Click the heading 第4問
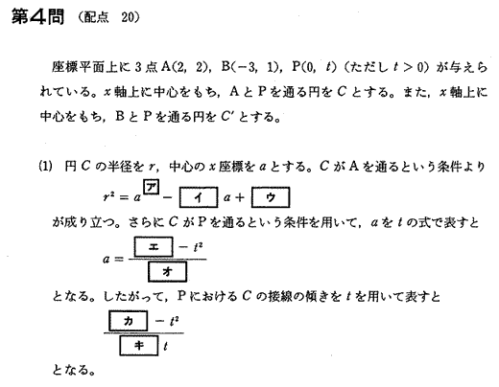[x=38, y=17]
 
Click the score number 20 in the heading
[x=128, y=17]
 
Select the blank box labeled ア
[x=152, y=187]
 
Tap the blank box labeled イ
[x=199, y=197]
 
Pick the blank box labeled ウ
[x=271, y=197]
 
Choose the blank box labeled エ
[x=154, y=246]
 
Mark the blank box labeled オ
[x=167, y=271]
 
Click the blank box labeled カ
[x=129, y=321]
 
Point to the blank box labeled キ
[x=139, y=345]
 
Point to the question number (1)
[x=46, y=167]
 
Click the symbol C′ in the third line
[x=226, y=117]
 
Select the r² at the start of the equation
[x=108, y=197]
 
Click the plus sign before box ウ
[x=239, y=197]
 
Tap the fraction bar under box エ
[x=167, y=259]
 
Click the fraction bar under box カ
[x=144, y=333]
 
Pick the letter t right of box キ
[x=165, y=346]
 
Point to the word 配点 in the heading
[x=96, y=17]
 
